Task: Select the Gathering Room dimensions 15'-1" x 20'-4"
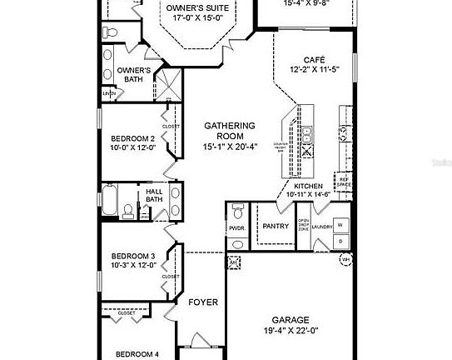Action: pyautogui.click(x=229, y=147)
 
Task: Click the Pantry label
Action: pyautogui.click(x=275, y=225)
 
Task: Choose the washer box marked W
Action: pyautogui.click(x=339, y=225)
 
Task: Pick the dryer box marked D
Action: pyautogui.click(x=339, y=241)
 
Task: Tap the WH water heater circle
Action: pyautogui.click(x=345, y=260)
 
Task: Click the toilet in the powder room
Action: pyautogui.click(x=237, y=209)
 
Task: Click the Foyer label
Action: pyautogui.click(x=202, y=302)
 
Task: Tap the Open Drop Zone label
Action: pyautogui.click(x=305, y=225)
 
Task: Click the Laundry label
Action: pyautogui.click(x=324, y=225)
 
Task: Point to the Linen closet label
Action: pyautogui.click(x=109, y=93)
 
